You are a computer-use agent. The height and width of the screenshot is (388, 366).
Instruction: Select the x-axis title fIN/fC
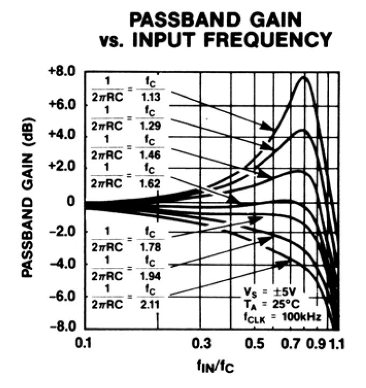[213, 369]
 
